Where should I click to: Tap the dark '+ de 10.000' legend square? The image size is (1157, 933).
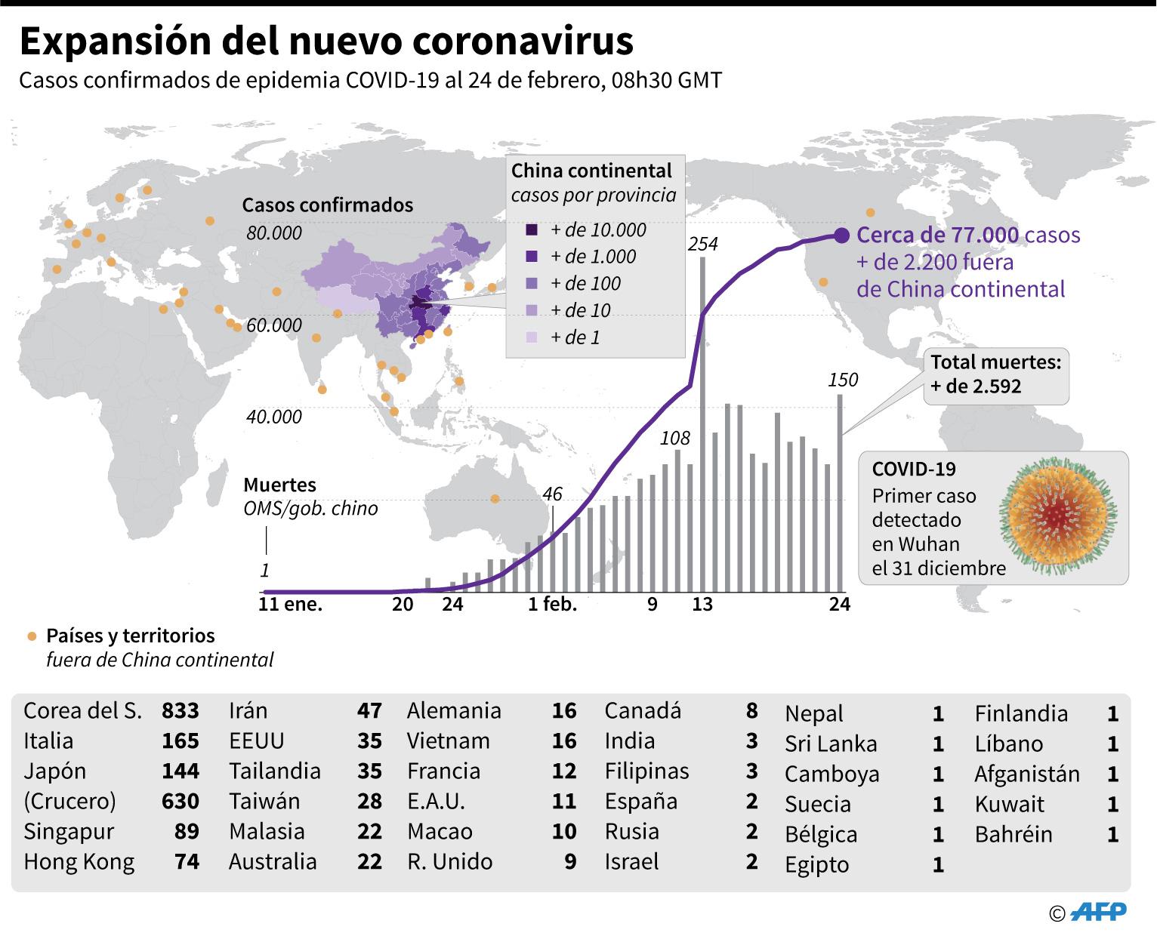(x=532, y=230)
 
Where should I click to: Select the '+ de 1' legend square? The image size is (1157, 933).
(x=532, y=337)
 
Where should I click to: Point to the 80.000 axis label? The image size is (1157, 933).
(x=274, y=233)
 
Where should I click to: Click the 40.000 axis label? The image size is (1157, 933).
(x=274, y=417)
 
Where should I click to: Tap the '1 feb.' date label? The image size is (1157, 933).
(x=552, y=604)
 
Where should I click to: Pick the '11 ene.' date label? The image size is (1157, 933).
(x=290, y=604)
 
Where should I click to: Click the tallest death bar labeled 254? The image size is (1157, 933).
(x=702, y=423)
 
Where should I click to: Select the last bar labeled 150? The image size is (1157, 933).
(x=840, y=491)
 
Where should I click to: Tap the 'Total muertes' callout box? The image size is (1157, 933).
(x=995, y=374)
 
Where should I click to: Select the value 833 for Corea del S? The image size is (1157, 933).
(x=180, y=710)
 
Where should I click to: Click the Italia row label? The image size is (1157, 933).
(x=48, y=741)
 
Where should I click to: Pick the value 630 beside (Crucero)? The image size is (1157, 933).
(x=180, y=801)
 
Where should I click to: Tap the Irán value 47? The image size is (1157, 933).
(x=369, y=710)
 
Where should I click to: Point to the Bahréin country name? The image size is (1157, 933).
(x=1014, y=834)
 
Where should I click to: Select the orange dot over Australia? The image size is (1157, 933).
(x=495, y=499)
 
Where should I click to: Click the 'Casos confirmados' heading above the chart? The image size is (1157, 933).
(x=328, y=205)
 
